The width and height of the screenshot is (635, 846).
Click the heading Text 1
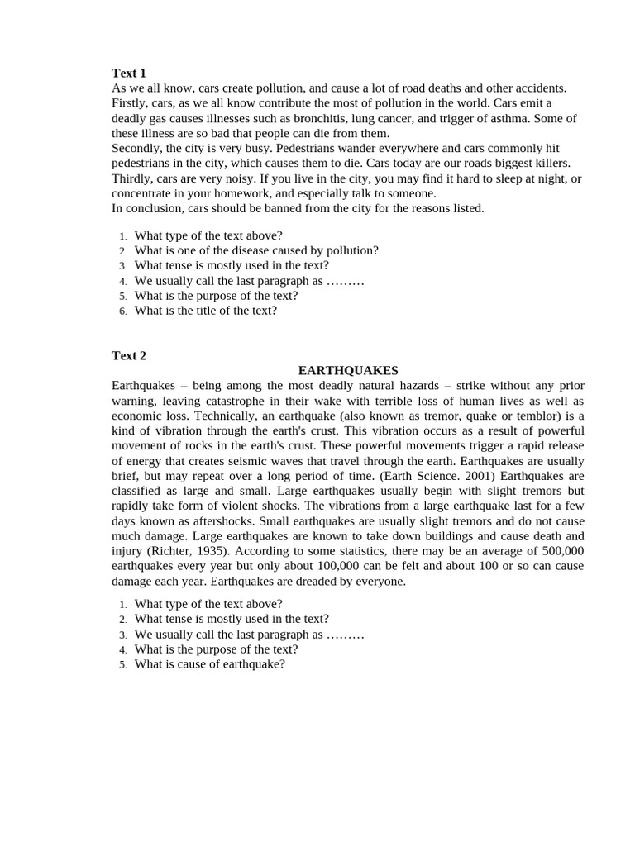129,73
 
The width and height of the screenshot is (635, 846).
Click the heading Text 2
129,355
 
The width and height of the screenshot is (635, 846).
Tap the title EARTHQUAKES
348,370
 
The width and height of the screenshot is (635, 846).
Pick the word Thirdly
131,178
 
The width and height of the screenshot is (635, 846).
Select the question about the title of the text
206,311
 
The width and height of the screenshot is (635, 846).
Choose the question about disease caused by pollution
256,250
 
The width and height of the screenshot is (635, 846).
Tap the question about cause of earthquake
210,664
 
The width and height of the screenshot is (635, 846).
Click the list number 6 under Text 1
122,311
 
